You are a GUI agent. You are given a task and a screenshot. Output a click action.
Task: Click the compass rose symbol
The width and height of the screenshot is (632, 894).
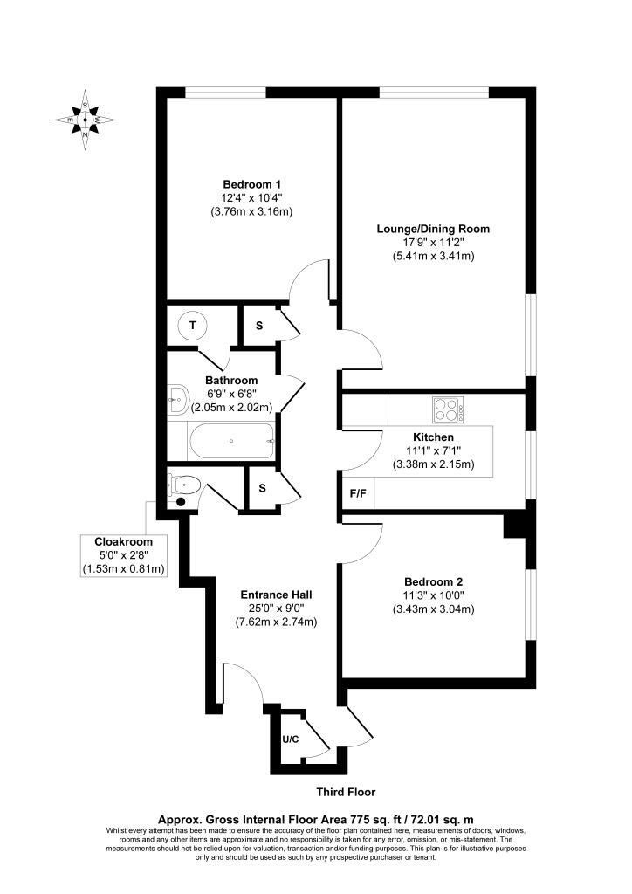(x=85, y=120)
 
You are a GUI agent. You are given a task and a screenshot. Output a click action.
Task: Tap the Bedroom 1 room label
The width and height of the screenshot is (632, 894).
(x=251, y=185)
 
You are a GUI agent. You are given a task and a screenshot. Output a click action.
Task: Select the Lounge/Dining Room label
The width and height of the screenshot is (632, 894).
(x=433, y=230)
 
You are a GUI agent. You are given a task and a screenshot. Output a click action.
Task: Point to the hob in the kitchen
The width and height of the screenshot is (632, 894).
(x=448, y=409)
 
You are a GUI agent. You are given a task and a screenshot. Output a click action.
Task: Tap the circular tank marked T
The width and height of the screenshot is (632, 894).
(x=193, y=326)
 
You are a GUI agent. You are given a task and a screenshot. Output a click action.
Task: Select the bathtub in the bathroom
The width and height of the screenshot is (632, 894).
(x=231, y=441)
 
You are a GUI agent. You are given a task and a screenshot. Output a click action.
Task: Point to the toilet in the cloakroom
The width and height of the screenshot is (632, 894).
(x=184, y=485)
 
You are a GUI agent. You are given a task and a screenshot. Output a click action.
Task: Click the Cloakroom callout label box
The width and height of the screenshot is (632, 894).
(x=123, y=555)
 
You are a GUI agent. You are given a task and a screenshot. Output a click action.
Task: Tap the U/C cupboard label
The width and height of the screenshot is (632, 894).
(x=290, y=740)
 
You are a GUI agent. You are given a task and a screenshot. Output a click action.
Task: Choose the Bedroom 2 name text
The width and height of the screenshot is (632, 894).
(x=433, y=582)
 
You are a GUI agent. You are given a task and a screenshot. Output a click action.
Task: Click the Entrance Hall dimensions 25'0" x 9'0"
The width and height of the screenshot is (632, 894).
(x=277, y=609)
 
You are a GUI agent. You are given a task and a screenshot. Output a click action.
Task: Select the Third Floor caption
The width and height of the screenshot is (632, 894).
(x=346, y=792)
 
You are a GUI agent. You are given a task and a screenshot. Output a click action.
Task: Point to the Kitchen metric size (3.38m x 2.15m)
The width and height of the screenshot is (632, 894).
(x=433, y=464)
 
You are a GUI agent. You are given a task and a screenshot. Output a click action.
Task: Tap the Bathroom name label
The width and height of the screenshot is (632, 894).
(x=231, y=381)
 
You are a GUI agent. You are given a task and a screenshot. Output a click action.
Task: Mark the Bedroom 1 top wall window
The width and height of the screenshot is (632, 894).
(x=225, y=92)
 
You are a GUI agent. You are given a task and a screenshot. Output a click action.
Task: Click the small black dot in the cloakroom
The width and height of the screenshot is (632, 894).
(x=182, y=502)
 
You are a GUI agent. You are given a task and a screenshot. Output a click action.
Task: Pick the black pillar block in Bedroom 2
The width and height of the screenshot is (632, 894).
(x=515, y=525)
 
